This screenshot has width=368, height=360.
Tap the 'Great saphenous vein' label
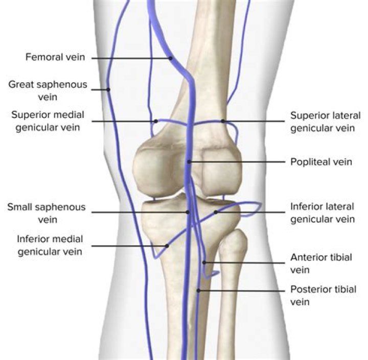(x=48, y=90)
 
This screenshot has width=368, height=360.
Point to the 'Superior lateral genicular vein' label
(x=325, y=122)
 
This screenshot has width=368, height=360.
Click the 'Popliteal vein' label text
(x=321, y=162)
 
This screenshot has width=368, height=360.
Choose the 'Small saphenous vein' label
(x=46, y=213)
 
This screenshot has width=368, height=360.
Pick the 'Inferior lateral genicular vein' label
(x=322, y=213)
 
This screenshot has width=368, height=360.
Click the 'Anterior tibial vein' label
(x=321, y=263)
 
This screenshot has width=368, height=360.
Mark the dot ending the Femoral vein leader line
(x=171, y=59)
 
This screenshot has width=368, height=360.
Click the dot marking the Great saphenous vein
(x=108, y=90)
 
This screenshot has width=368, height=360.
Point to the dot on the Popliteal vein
(x=189, y=162)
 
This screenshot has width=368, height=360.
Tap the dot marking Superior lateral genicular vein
(x=223, y=121)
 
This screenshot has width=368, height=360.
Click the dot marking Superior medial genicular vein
(x=156, y=121)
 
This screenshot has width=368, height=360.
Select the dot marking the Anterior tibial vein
(x=204, y=262)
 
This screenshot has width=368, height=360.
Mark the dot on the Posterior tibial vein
(x=199, y=291)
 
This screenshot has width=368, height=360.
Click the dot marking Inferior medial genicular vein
(x=167, y=246)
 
